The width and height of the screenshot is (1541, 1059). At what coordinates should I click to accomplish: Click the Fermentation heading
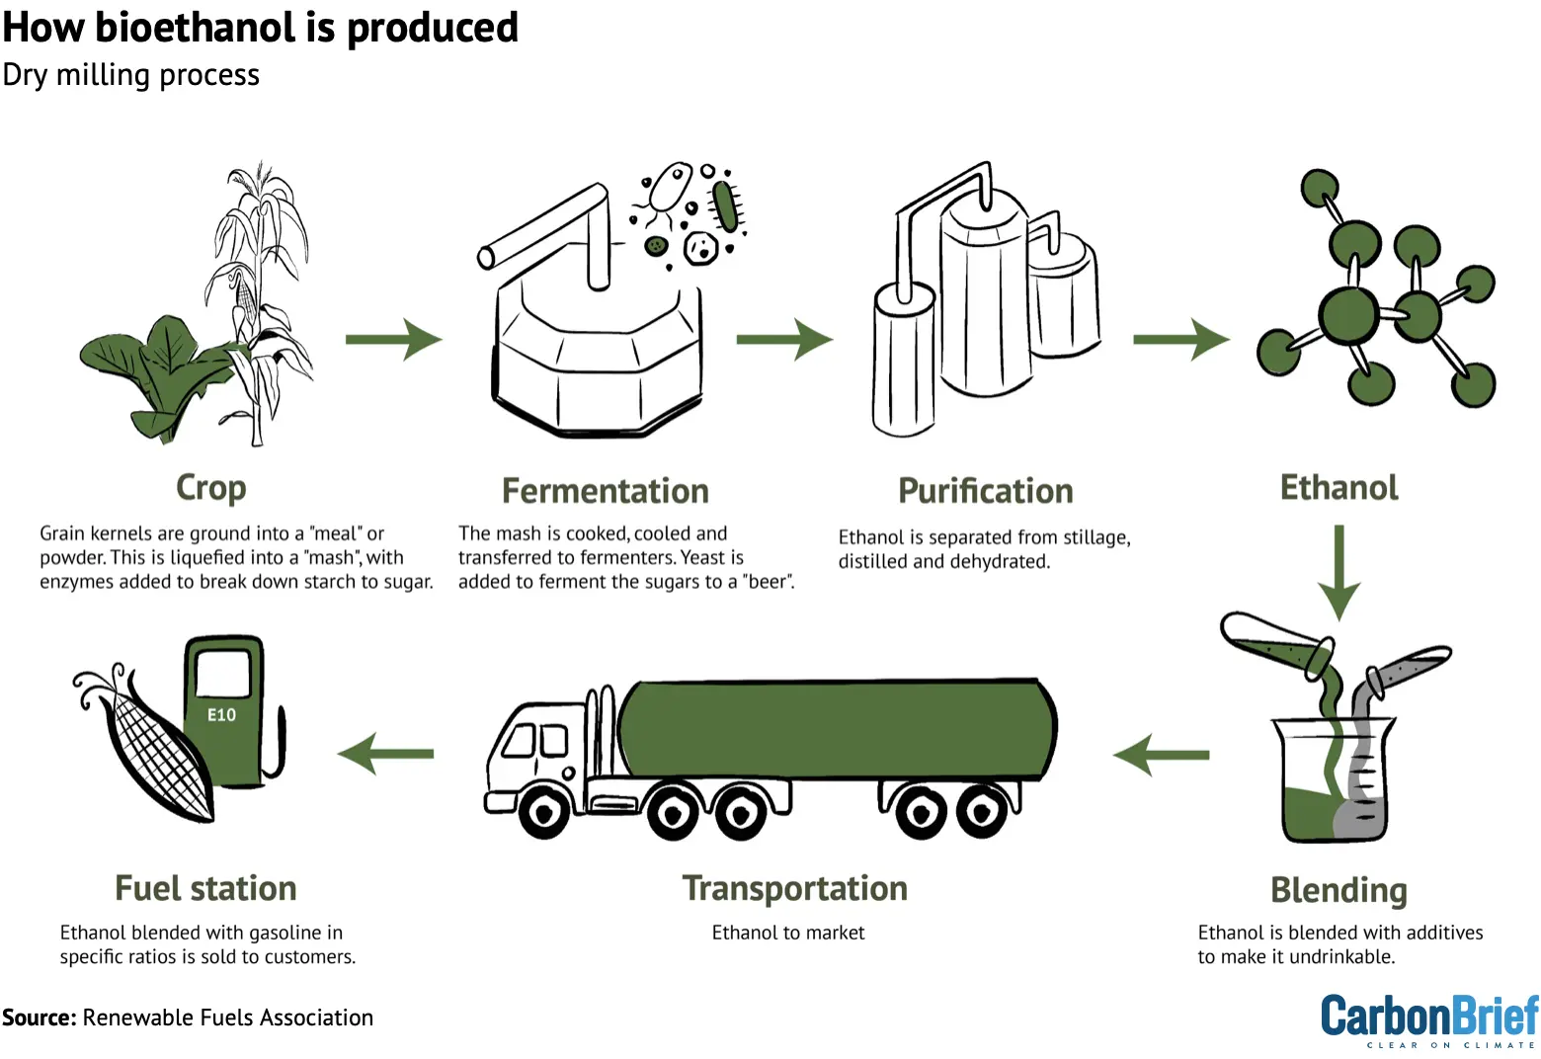click(605, 491)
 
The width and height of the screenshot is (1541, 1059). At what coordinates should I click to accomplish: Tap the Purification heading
click(985, 491)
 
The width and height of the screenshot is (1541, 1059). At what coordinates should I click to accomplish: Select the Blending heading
click(1338, 890)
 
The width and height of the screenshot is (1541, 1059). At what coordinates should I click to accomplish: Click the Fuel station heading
click(205, 888)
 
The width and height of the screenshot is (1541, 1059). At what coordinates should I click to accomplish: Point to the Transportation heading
click(794, 888)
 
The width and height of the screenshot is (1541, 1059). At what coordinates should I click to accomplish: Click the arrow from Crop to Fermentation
click(393, 339)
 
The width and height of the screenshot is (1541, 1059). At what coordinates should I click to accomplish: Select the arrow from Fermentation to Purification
click(784, 339)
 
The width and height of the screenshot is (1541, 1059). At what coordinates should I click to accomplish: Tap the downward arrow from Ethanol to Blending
click(1339, 572)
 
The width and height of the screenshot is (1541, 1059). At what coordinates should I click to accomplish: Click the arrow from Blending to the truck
click(1162, 755)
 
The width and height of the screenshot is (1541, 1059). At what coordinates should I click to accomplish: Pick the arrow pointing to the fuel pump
click(385, 754)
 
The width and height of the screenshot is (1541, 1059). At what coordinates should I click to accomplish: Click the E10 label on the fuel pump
click(221, 715)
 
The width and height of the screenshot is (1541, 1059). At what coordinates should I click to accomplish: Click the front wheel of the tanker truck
click(544, 812)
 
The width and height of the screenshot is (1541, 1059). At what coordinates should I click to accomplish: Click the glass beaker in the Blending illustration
click(1334, 780)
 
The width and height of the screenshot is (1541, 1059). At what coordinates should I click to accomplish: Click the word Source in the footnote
click(39, 1018)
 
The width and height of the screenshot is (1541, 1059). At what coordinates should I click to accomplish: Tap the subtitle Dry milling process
click(130, 75)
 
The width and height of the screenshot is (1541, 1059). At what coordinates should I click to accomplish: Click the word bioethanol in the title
click(197, 27)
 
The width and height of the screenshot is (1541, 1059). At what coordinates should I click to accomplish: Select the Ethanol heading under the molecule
click(1338, 488)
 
